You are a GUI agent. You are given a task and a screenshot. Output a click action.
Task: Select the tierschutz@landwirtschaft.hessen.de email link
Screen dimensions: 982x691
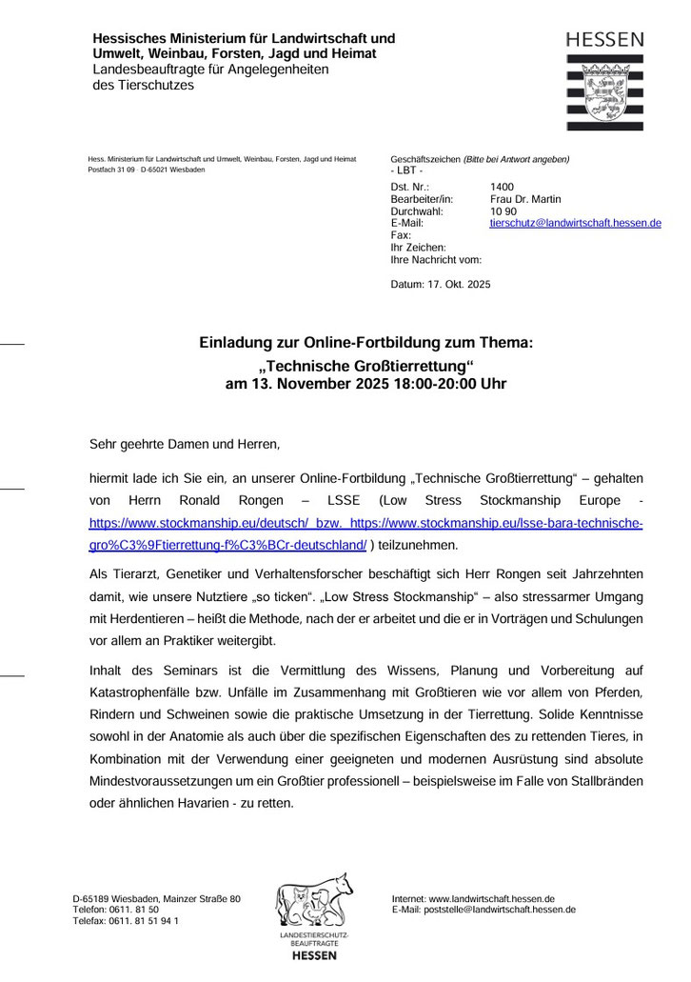(x=575, y=223)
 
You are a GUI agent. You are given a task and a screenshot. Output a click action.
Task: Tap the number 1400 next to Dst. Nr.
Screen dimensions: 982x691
(x=502, y=188)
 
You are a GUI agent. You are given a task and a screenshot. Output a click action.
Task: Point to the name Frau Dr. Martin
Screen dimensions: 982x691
(x=525, y=199)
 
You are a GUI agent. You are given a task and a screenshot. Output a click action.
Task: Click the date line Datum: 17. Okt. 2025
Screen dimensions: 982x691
(x=441, y=284)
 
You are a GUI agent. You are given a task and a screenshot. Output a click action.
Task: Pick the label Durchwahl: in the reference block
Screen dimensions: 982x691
(x=417, y=211)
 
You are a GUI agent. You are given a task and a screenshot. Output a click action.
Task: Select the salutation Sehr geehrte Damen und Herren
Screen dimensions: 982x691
(x=185, y=444)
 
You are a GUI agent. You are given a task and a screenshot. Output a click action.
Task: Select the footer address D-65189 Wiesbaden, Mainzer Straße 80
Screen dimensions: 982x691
(x=156, y=898)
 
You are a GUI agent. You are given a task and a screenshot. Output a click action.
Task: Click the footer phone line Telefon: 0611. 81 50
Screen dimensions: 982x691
(x=115, y=910)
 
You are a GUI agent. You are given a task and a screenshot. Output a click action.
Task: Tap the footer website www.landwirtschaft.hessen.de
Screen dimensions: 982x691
(x=491, y=898)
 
